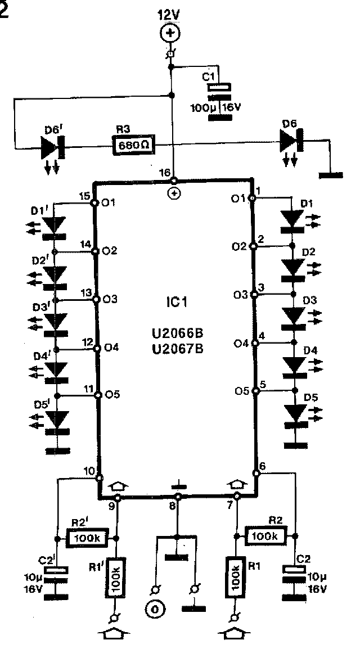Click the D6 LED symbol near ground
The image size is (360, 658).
click(291, 139)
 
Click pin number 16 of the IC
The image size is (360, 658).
click(164, 173)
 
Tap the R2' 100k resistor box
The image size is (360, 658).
click(88, 538)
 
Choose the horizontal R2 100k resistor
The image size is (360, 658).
click(265, 537)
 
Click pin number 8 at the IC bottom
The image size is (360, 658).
click(172, 507)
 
